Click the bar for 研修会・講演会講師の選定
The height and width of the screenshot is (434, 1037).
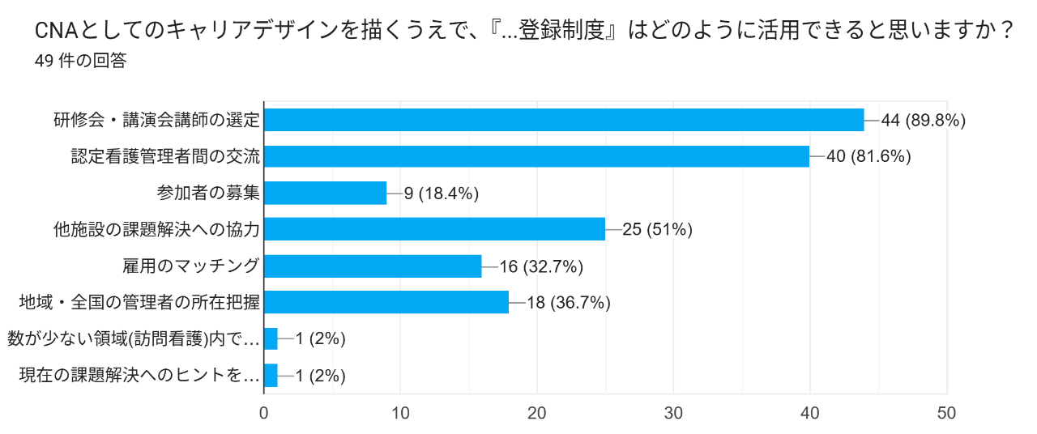point(564,120)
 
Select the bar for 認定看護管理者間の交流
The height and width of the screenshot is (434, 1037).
point(536,156)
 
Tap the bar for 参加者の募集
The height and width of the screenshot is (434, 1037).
point(326,193)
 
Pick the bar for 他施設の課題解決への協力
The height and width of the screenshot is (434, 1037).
point(434,229)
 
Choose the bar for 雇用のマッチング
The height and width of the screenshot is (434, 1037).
point(373,266)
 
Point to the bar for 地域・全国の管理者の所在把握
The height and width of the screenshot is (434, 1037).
point(386,302)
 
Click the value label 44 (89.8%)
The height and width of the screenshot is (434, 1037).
point(924,121)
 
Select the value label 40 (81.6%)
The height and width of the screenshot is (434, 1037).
point(868,157)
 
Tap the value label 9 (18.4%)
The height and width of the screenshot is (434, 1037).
point(442,194)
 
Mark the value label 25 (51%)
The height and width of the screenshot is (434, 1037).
point(657,230)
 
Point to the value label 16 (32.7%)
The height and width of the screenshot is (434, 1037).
point(541,266)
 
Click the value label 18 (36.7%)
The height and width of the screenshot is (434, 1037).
point(569,303)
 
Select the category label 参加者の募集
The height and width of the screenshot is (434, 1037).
point(208,193)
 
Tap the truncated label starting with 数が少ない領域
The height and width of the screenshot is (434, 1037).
point(134,338)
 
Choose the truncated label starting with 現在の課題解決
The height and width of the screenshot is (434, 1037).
point(139,375)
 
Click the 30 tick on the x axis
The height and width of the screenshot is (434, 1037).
point(673,413)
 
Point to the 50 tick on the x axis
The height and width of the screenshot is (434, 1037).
point(946,413)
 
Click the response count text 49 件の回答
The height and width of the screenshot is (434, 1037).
point(80,62)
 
